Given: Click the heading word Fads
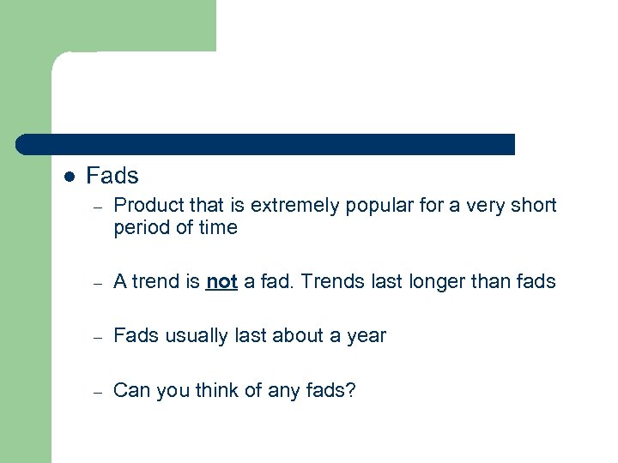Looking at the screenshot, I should (x=112, y=176).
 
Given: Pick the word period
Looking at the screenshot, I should (x=140, y=228).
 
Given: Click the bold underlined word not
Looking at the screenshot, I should (x=221, y=281).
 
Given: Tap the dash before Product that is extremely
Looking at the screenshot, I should (x=99, y=207).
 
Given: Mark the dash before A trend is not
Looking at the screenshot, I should (x=99, y=282).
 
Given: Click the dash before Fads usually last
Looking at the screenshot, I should (x=99, y=337).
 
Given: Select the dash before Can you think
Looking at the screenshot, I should (x=99, y=392).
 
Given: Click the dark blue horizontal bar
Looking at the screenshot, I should (x=266, y=144).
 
